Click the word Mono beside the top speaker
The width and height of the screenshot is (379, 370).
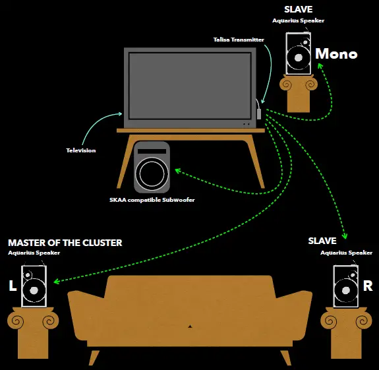(336, 54)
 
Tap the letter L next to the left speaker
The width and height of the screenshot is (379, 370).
(12, 286)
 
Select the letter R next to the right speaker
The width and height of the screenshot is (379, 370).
(368, 286)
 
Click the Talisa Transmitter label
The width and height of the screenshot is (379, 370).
(239, 40)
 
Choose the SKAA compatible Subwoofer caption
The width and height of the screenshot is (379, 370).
(152, 200)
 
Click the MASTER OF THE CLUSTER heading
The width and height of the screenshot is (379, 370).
(65, 243)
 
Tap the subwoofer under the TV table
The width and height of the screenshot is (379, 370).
(152, 167)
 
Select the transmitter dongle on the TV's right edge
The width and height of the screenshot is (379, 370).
(259, 113)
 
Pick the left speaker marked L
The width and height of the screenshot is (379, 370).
(34, 286)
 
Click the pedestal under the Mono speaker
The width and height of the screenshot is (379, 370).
(299, 93)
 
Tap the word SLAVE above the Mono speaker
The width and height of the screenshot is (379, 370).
(298, 10)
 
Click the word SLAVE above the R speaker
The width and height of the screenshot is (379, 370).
(322, 241)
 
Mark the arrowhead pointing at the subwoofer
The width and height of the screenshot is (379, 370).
(178, 170)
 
